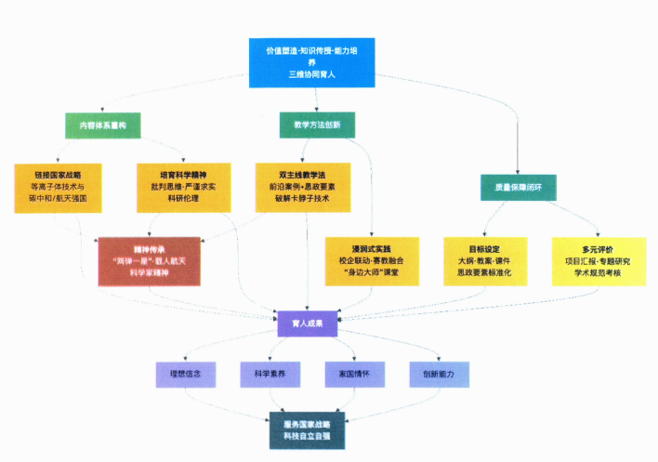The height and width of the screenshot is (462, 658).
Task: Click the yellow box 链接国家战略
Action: pos(57,187)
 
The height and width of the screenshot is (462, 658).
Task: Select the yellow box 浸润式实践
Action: pos(371,261)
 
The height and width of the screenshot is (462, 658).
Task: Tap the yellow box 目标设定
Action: pos(483,261)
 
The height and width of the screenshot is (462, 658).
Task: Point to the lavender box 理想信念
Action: pos(186,373)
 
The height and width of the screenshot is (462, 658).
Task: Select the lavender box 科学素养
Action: pos(270,373)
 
